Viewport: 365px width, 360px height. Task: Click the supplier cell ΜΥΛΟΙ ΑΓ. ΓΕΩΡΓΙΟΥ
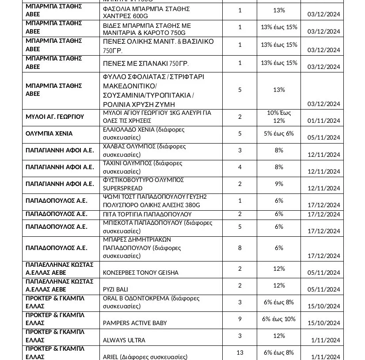pos(55,117)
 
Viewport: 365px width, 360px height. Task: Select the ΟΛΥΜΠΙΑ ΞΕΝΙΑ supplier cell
pos(49,133)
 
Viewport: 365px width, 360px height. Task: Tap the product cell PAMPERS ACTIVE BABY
pos(135,323)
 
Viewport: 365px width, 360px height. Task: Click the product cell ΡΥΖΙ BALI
pos(115,289)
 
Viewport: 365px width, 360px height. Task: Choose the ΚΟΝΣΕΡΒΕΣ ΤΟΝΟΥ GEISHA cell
pos(141,273)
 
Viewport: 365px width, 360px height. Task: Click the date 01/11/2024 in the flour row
pos(323,121)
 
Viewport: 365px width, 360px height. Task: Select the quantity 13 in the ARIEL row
pos(240,352)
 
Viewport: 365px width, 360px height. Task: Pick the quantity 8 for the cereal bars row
pos(240,248)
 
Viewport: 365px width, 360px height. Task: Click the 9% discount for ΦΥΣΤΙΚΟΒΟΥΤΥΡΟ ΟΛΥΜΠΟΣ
pos(279,184)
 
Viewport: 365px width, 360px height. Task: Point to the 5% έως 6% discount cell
pos(279,133)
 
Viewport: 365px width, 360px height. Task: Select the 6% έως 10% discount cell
pos(279,319)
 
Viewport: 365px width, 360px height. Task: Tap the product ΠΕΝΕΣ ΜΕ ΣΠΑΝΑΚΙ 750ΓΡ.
pos(145,64)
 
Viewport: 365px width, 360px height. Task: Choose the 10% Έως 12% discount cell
pos(279,117)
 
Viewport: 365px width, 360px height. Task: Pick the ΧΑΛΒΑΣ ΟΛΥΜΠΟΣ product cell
pos(144,150)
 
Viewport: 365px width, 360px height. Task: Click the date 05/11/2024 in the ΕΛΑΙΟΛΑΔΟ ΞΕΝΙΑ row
pos(323,137)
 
